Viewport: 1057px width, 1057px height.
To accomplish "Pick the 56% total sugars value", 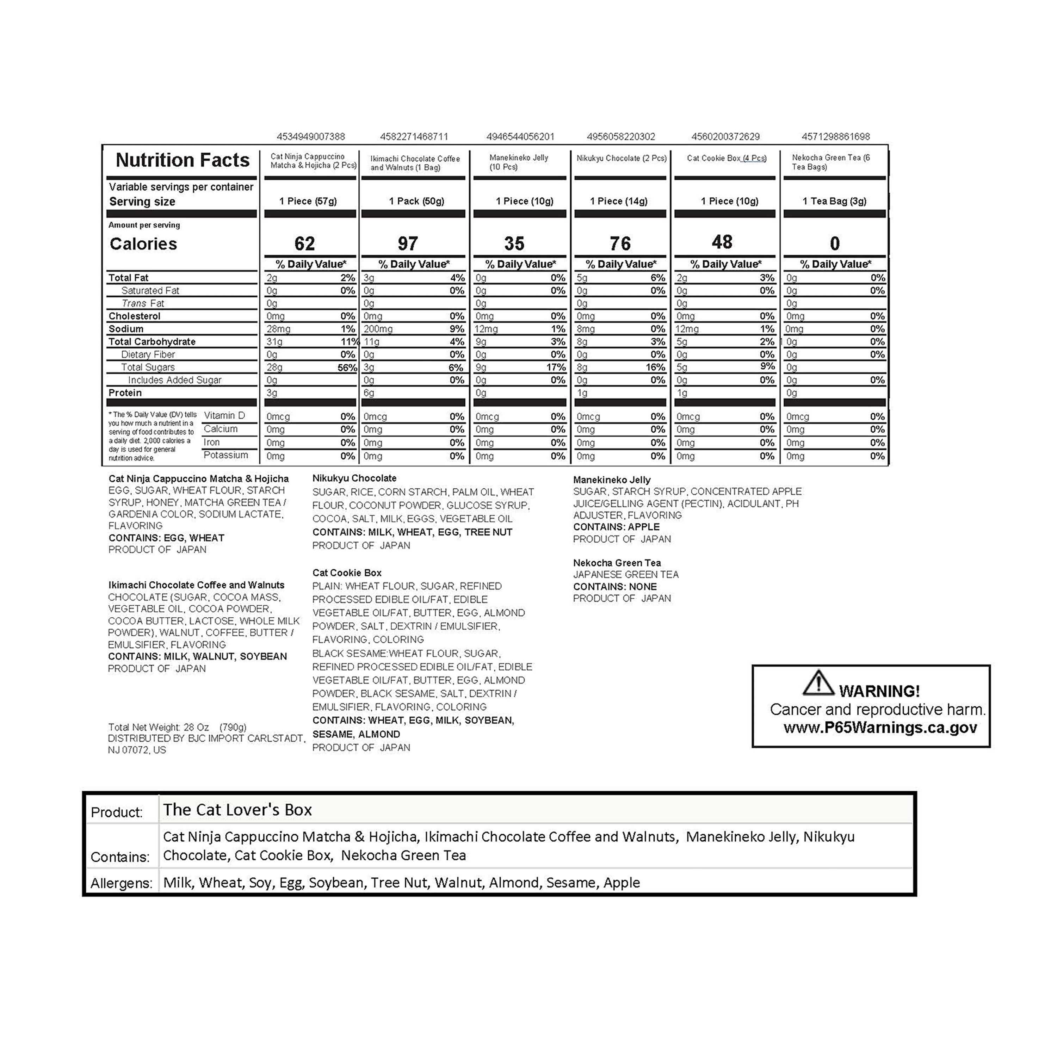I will pyautogui.click(x=347, y=367).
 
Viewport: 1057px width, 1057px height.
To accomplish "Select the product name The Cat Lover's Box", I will pyautogui.click(x=237, y=810).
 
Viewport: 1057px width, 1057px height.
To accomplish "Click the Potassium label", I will pyautogui.click(x=225, y=455).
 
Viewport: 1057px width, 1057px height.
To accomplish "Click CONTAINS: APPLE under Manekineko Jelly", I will pyautogui.click(x=616, y=527).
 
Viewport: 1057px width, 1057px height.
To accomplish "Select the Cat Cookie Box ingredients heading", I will pyautogui.click(x=347, y=573).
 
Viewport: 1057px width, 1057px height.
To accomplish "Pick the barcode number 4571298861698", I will pyautogui.click(x=835, y=136).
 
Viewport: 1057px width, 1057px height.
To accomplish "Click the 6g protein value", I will pyautogui.click(x=369, y=393).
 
